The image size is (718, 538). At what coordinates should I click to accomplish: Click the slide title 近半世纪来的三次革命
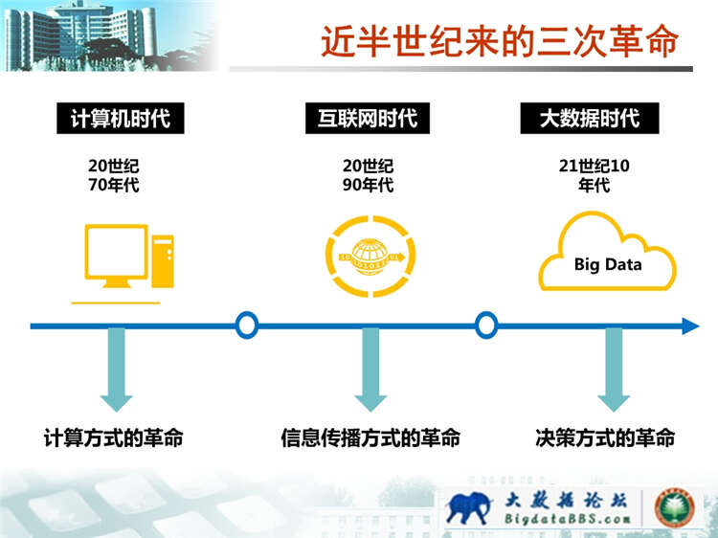pos(500,41)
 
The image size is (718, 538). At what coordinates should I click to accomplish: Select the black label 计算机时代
pos(121,118)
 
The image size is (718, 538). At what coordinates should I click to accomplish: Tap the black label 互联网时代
pos(368,118)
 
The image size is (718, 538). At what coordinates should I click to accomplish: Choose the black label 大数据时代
pos(590,118)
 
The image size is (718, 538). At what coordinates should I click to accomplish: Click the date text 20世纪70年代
pos(114,175)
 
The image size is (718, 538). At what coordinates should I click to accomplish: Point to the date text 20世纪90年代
pos(369,175)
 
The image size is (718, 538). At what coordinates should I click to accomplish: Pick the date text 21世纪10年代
pos(594,175)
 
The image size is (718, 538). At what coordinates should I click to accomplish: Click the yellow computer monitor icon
pos(116,256)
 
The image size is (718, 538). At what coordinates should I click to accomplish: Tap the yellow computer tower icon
pos(163,261)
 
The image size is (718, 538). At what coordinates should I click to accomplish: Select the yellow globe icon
pos(370,257)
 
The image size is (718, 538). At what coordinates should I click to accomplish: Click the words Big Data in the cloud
pos(608,264)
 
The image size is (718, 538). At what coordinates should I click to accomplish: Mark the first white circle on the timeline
pos(247,325)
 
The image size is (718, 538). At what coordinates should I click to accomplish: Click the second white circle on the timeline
pos(485,325)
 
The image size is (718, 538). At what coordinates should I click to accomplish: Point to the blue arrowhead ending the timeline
pos(690,326)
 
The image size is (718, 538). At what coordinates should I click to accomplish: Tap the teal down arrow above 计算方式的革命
pos(116,370)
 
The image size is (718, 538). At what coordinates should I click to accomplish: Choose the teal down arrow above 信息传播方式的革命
pos(370,370)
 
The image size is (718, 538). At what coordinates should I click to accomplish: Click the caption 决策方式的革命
pos(605,437)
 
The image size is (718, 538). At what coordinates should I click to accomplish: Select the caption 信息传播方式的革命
pos(370,437)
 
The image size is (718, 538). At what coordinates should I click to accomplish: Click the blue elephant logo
pos(467,507)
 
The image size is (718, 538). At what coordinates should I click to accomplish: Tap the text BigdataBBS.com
pos(567,519)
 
